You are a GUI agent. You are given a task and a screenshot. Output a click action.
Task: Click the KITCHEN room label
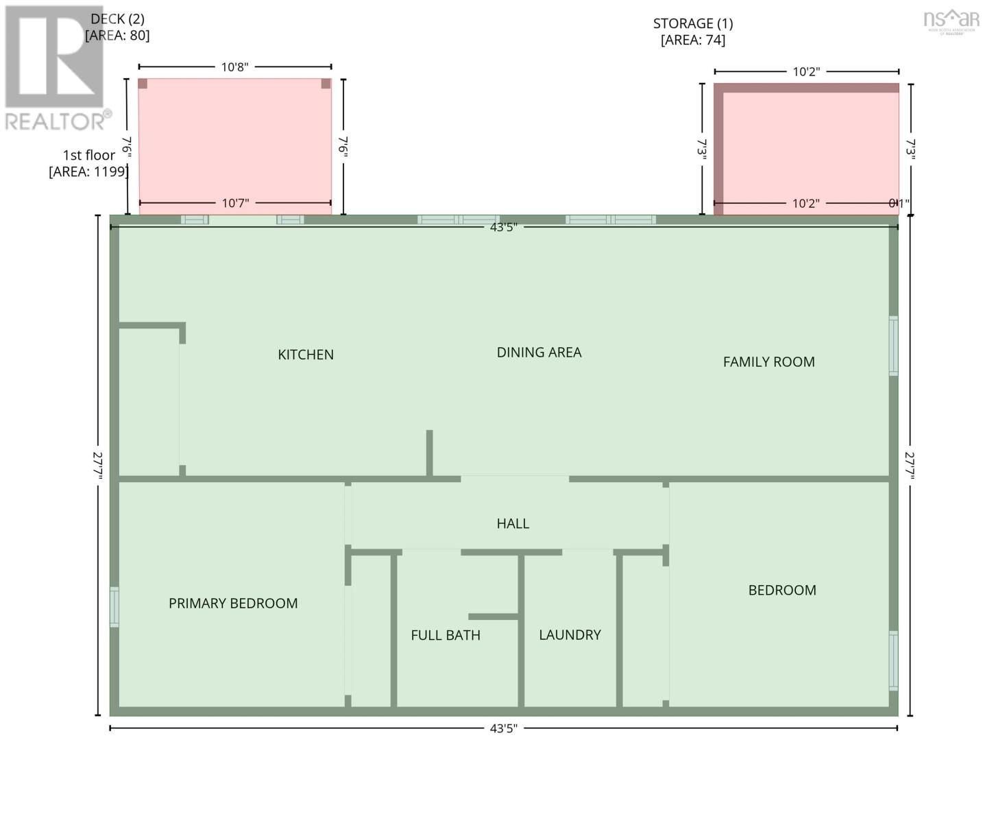pos(306,355)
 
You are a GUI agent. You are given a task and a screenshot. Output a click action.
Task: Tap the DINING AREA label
pos(539,353)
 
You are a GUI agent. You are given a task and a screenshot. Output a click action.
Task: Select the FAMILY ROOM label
pos(768,362)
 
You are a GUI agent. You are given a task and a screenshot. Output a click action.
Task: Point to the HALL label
pos(513,524)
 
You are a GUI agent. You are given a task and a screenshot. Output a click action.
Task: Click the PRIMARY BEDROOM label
pos(233,604)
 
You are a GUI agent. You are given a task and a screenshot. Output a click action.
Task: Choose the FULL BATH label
pos(446,636)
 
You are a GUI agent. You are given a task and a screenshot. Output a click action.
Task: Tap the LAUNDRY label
pos(570,635)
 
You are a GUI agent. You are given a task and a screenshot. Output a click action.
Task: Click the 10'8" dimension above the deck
pos(234,67)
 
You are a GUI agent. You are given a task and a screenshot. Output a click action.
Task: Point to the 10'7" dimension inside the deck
pos(235,204)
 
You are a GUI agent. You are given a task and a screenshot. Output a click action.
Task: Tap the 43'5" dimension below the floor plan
pos(503,728)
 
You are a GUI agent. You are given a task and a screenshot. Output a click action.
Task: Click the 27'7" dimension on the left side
pos(98,465)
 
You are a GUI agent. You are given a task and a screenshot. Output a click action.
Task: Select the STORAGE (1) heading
pos(693,24)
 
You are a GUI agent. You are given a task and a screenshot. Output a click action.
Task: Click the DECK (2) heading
pos(117,19)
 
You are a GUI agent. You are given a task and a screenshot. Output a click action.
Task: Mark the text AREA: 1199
pos(88,172)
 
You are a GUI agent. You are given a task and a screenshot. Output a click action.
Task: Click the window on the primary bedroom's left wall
pos(114,607)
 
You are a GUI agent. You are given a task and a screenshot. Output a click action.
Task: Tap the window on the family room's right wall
pos(893,346)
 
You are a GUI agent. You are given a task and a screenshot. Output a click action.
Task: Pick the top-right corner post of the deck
pos(326,84)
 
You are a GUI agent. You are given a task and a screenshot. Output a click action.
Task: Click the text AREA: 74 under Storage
pos(693,40)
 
